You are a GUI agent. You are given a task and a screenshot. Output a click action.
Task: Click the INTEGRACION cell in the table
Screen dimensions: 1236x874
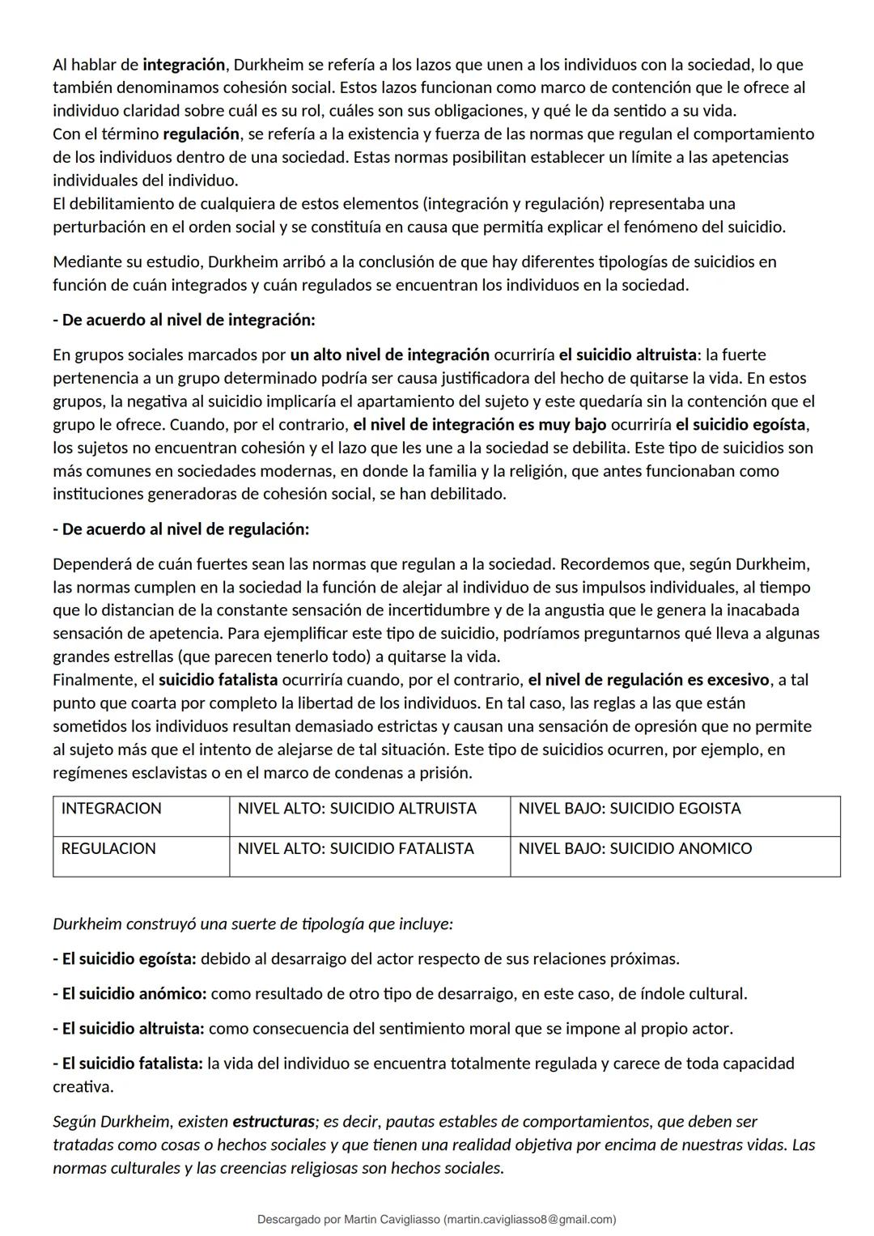tap(111, 809)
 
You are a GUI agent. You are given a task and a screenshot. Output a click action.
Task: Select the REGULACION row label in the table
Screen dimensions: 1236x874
tap(108, 849)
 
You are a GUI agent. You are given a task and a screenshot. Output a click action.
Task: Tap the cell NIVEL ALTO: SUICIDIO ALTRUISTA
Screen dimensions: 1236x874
tap(357, 809)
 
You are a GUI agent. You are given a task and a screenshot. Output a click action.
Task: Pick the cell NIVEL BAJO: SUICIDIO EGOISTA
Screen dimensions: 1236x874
tap(629, 809)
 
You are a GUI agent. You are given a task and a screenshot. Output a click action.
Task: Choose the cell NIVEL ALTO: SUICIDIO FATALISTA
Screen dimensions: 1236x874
tap(355, 849)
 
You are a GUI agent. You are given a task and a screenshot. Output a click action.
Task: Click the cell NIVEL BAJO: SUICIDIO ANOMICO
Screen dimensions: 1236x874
tap(634, 849)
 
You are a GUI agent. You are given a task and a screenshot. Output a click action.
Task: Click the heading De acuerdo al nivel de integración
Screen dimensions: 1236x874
tap(184, 320)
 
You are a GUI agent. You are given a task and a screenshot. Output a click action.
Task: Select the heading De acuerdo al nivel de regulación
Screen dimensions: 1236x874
tap(180, 529)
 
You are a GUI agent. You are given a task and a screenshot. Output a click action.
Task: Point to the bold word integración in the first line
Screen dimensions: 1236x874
tap(184, 65)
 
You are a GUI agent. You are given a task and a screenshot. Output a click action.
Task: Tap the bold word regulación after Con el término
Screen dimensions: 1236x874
tap(202, 134)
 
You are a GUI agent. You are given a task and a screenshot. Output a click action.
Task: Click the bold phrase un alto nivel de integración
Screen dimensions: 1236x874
tap(389, 355)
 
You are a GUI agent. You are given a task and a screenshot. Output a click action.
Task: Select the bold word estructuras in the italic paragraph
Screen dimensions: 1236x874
tap(274, 1122)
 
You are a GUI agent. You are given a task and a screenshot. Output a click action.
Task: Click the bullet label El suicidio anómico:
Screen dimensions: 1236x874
tap(129, 994)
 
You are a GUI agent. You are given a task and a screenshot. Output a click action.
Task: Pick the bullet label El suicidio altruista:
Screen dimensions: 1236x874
tap(129, 1029)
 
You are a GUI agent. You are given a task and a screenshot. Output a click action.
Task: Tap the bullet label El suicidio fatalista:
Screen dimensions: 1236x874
tap(128, 1064)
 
